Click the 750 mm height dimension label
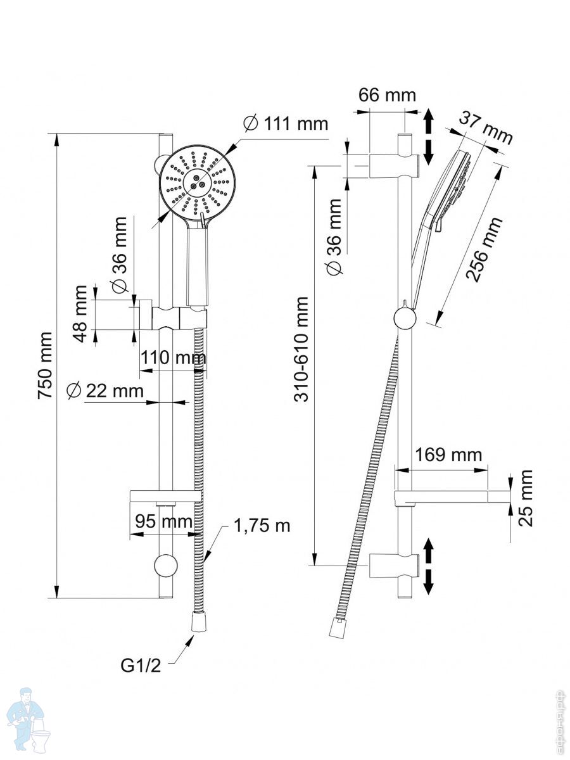click(x=45, y=365)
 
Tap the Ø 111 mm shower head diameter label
click(x=286, y=123)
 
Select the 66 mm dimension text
click(x=387, y=95)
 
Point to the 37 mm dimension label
click(x=486, y=127)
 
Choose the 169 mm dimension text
click(x=448, y=455)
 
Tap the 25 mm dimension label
click(x=526, y=498)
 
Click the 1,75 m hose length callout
click(x=262, y=525)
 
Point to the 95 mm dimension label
click(x=163, y=522)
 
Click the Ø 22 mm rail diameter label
click(x=106, y=391)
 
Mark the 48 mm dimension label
click(x=80, y=313)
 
